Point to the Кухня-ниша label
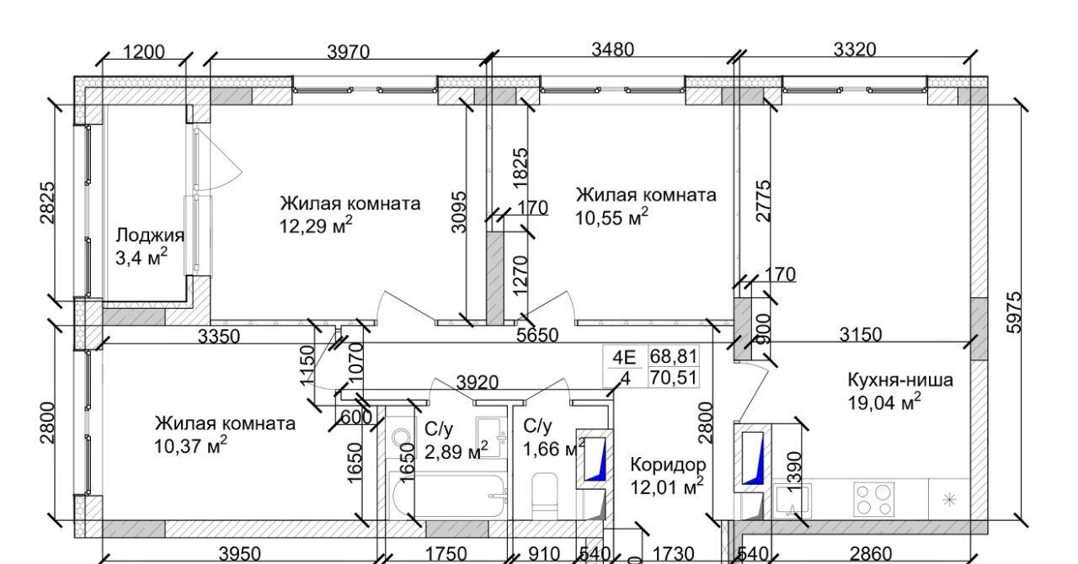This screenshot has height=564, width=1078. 900,380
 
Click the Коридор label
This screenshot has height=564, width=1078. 668,464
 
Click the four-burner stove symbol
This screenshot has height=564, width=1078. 873,497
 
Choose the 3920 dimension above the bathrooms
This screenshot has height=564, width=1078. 478,383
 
